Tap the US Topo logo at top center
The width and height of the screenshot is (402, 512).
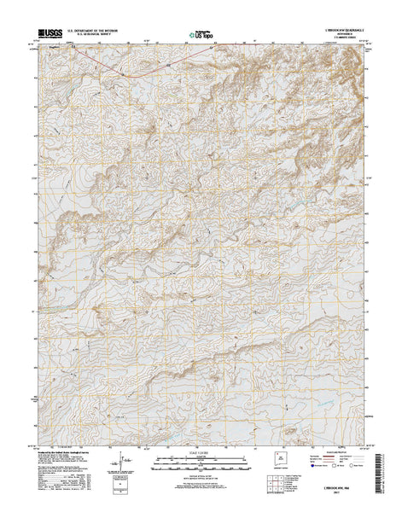tap(202, 37)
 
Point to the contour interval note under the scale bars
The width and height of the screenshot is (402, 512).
tap(201, 474)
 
